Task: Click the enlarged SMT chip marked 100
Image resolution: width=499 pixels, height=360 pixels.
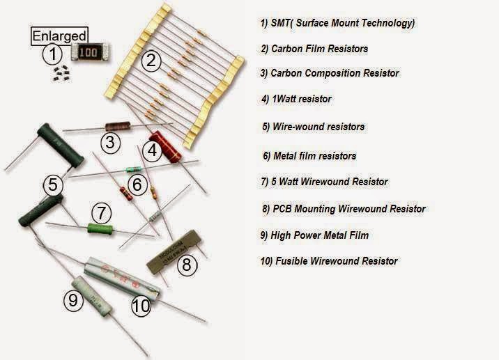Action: [89, 53]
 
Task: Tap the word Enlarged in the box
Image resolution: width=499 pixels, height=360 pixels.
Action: [59, 36]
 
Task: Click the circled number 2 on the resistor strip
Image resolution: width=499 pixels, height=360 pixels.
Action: [150, 61]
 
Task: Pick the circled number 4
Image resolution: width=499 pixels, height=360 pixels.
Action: [153, 149]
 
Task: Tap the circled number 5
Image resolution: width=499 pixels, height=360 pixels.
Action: [53, 186]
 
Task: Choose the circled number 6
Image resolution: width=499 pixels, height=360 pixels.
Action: [137, 185]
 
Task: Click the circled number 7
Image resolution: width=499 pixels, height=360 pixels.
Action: [102, 212]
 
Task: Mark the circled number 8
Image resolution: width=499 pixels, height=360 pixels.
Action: [186, 264]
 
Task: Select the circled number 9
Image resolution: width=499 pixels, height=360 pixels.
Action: [73, 300]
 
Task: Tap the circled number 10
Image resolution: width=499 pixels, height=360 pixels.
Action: [141, 304]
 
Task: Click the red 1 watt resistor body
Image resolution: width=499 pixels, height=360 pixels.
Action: [164, 145]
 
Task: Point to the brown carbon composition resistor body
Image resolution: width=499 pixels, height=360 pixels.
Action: [117, 126]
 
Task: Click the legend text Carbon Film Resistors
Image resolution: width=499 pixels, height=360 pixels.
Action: [314, 49]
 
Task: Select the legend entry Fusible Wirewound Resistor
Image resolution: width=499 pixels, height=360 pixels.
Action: [329, 261]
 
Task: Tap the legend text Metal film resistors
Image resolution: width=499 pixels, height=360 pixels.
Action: [309, 156]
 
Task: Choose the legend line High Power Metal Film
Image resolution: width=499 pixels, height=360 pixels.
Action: [314, 235]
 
